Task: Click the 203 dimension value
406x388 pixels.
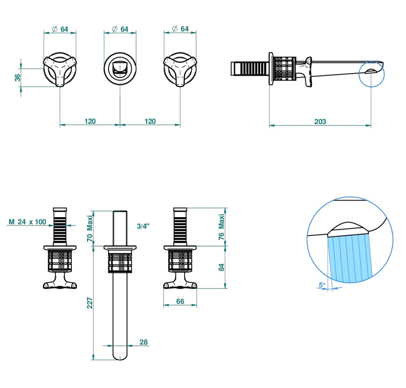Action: (320, 122)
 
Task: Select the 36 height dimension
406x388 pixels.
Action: (18, 77)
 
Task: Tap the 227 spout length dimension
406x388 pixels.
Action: (91, 303)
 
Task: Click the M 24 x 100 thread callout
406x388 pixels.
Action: (28, 222)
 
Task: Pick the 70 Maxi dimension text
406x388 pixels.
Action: (91, 229)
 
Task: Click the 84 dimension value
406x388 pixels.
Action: (221, 267)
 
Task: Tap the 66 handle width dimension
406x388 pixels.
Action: (181, 301)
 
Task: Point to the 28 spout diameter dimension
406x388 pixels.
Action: (144, 342)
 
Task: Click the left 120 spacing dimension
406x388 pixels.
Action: (90, 121)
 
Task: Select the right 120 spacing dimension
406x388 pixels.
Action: (150, 121)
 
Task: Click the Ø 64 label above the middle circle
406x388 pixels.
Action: (120, 29)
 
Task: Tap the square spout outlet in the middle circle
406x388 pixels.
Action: (120, 69)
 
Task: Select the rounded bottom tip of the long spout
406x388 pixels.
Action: (120, 356)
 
